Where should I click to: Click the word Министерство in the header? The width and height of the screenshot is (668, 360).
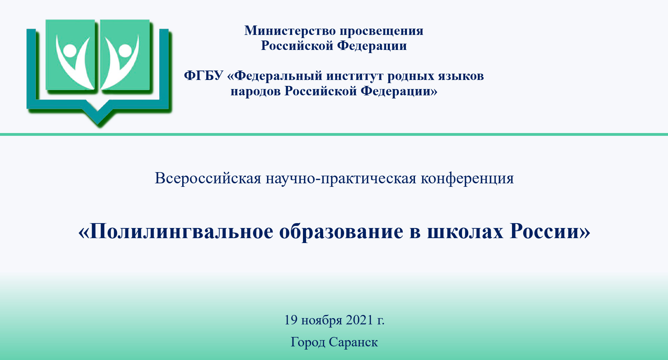[x=290, y=31]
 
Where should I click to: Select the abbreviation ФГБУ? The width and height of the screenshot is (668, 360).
[x=203, y=75]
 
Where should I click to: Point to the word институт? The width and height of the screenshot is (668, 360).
[x=355, y=76]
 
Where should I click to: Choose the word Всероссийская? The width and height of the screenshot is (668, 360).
[x=208, y=178]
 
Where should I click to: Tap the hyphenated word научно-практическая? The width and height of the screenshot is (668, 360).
[x=341, y=179]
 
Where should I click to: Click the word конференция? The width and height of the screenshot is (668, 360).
[x=467, y=179]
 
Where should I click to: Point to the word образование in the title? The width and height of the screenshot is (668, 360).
[x=341, y=231]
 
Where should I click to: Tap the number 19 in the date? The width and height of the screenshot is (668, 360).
[x=291, y=320]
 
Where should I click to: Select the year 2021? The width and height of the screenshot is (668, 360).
[x=359, y=320]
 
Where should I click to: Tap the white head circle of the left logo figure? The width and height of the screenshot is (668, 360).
[x=70, y=51]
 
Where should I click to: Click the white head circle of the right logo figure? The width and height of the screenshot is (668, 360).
[x=125, y=50]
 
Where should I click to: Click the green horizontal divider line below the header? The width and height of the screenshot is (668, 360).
[x=334, y=134]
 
